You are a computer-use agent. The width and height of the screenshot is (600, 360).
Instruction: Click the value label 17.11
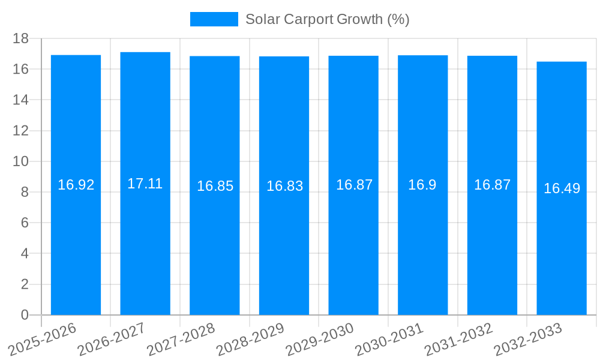[x=145, y=184]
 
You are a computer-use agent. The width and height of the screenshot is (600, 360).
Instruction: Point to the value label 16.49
[x=562, y=188]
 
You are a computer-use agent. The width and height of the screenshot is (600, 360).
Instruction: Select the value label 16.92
[x=76, y=185]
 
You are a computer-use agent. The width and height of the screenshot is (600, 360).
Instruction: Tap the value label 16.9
[x=422, y=185]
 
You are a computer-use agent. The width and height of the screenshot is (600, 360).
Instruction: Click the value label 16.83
[x=284, y=186]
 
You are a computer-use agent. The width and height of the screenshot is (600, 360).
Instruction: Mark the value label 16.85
[x=215, y=186]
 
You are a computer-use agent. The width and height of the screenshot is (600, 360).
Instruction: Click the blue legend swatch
[x=214, y=19]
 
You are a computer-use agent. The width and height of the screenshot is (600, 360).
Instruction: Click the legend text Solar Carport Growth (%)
[x=327, y=19]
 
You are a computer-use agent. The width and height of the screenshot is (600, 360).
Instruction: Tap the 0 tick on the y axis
[x=25, y=315]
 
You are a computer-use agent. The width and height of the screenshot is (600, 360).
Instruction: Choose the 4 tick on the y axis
[x=25, y=254]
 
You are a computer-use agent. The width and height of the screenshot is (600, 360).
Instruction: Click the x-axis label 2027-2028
[x=181, y=340]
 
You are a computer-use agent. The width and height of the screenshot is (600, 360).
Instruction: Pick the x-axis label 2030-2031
[x=389, y=340]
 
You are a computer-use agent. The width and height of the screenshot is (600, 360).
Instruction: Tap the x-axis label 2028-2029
[x=250, y=340]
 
